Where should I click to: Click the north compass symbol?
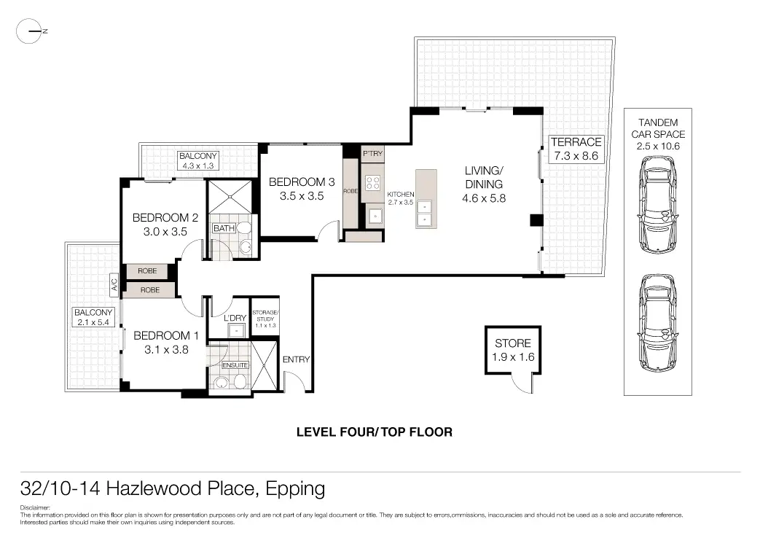click(29, 31)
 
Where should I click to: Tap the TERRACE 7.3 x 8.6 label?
click(576, 149)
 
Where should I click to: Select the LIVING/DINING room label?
click(484, 184)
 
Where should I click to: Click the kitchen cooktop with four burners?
click(373, 183)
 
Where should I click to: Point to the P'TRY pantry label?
click(373, 153)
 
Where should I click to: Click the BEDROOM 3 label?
click(302, 189)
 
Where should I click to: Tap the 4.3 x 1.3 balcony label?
click(197, 160)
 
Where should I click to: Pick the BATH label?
click(224, 228)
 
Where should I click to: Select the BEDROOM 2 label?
click(165, 224)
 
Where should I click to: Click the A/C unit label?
click(114, 284)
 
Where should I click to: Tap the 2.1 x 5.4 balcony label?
click(93, 317)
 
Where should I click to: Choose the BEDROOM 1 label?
click(166, 342)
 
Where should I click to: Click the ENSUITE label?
click(235, 364)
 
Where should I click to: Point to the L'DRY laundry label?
click(235, 318)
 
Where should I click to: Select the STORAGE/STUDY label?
click(265, 319)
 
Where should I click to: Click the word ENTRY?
click(296, 359)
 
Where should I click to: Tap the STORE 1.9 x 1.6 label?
click(513, 350)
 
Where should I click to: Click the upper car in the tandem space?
click(658, 203)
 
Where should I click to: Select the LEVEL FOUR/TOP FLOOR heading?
click(375, 432)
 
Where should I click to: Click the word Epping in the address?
click(295, 489)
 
